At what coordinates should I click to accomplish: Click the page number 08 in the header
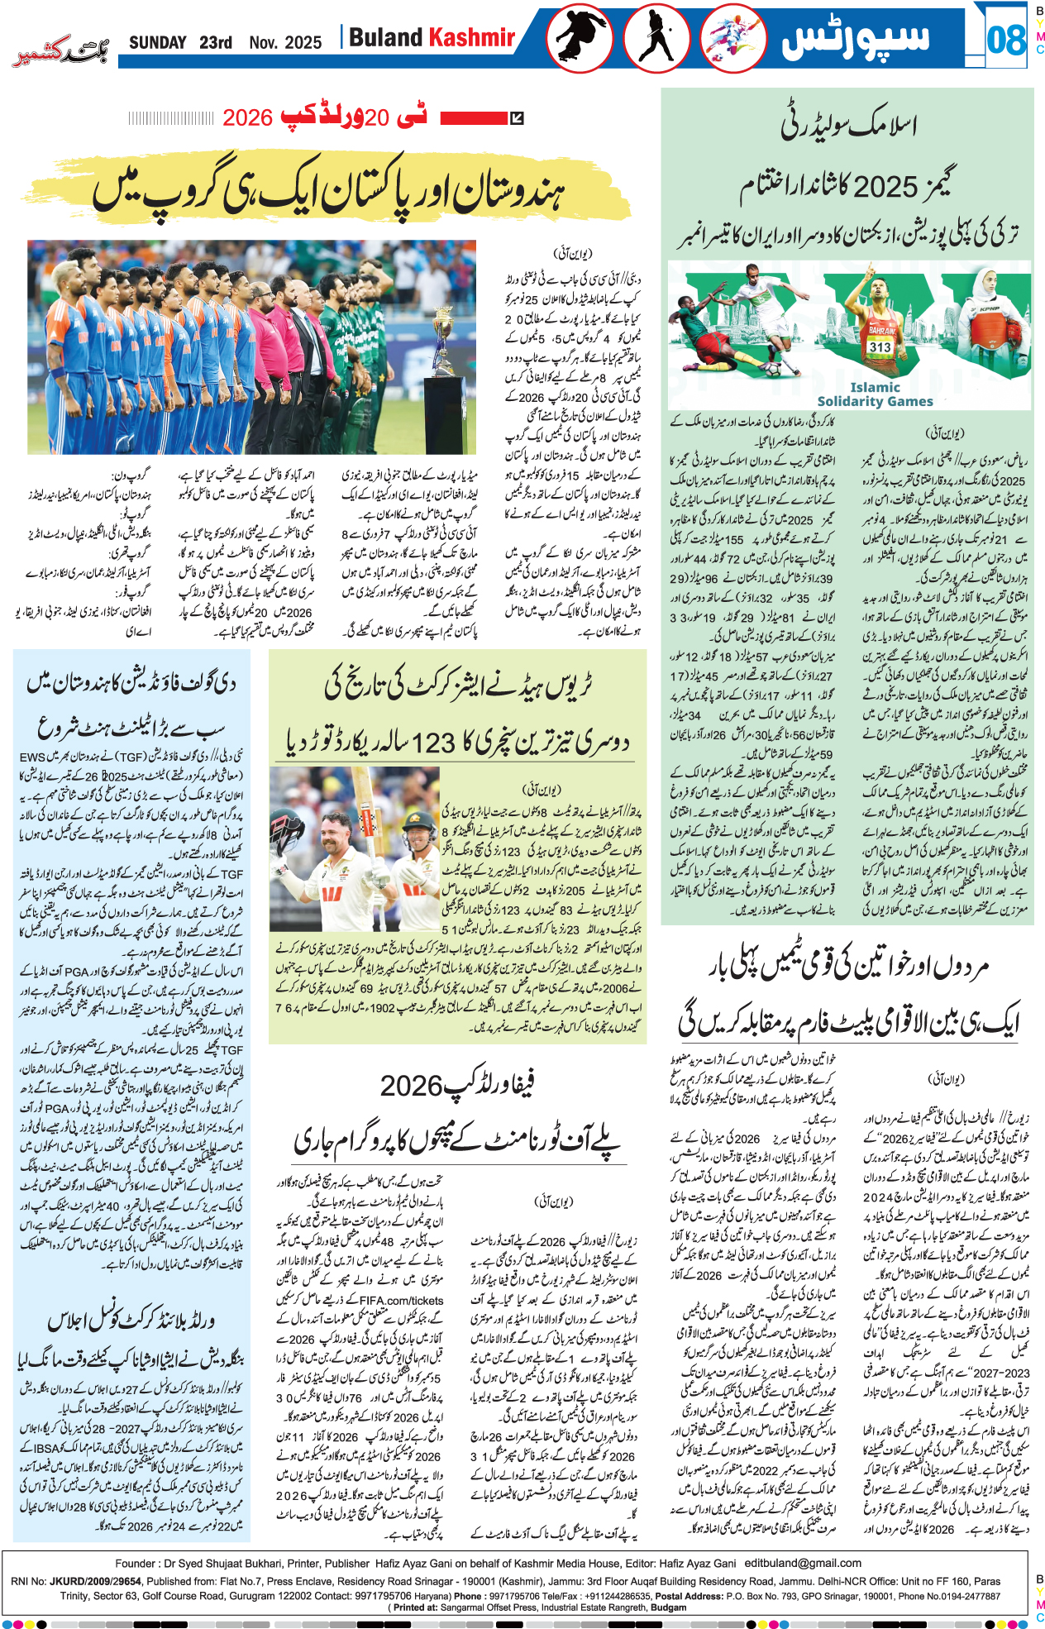(1005, 40)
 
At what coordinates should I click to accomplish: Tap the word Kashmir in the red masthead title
(472, 37)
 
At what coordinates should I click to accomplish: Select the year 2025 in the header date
(303, 43)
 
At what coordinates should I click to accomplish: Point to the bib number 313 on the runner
(880, 347)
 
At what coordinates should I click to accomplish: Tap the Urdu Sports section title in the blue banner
(855, 39)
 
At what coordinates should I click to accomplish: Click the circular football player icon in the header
(732, 39)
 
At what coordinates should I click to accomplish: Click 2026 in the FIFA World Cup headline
(412, 1086)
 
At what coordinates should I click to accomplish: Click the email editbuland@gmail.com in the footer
(802, 1564)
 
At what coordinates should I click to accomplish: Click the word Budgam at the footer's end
(668, 1608)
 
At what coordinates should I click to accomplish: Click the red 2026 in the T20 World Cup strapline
(247, 117)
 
